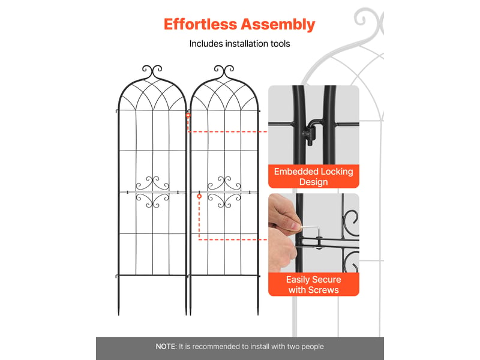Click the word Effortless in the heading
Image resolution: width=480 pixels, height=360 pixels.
pos(200,24)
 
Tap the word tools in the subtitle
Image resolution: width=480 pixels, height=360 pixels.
pos(280,44)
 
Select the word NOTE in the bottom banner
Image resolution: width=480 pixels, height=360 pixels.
pos(166,347)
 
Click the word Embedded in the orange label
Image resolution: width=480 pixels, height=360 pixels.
pos(296,172)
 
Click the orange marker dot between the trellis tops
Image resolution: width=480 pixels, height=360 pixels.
pos(188,115)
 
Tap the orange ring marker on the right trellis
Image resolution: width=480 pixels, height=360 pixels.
pos(199,196)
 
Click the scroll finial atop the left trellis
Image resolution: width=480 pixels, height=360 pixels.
pos(152,71)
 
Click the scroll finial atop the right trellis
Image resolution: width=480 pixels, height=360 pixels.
pos(224,71)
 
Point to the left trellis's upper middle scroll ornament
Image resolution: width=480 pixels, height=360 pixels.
pos(152,183)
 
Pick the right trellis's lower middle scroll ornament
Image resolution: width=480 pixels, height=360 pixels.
pos(224,200)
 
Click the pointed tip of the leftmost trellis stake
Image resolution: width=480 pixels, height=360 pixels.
pos(119,314)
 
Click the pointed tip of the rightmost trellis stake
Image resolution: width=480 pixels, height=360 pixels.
pos(258,314)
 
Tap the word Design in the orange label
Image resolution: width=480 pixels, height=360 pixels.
pos(313,182)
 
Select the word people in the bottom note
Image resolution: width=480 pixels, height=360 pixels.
pos(312,347)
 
